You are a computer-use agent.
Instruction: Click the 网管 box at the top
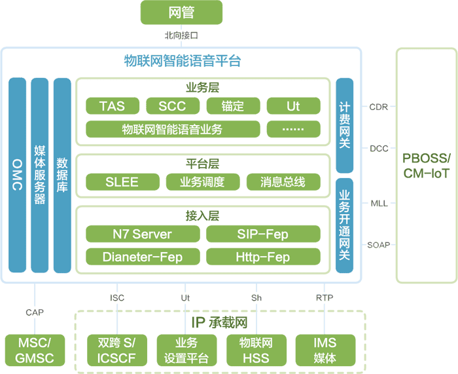pyautogui.click(x=181, y=13)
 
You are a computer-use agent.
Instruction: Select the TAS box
pyautogui.click(x=112, y=106)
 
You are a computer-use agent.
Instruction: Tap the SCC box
pyautogui.click(x=172, y=106)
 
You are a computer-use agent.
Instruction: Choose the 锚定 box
pyautogui.click(x=232, y=106)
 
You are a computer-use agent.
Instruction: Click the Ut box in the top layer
pyautogui.click(x=293, y=106)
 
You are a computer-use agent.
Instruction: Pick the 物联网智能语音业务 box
pyautogui.click(x=172, y=129)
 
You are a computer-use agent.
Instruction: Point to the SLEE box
pyautogui.click(x=122, y=181)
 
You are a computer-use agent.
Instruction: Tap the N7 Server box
pyautogui.click(x=142, y=234)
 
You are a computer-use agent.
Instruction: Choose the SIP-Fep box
pyautogui.click(x=263, y=234)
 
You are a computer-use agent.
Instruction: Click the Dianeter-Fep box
pyautogui.click(x=142, y=257)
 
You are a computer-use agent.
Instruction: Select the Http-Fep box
pyautogui.click(x=263, y=257)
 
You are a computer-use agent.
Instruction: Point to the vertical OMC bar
pyautogui.click(x=18, y=176)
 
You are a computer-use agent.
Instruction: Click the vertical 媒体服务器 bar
pyautogui.click(x=40, y=176)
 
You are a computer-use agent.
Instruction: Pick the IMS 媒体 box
pyautogui.click(x=325, y=350)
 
